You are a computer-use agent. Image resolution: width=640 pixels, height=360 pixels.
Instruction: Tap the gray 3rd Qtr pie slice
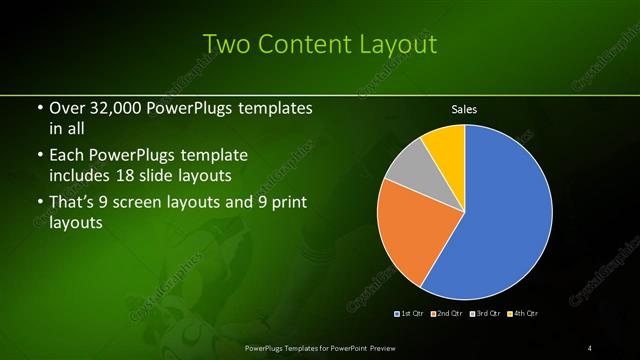(x=406, y=170)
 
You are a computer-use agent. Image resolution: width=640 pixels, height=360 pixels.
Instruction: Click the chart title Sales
(x=464, y=108)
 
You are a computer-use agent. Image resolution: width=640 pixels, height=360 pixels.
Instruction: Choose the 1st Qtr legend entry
(x=411, y=313)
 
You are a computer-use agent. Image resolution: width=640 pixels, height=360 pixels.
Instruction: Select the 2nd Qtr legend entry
(x=447, y=313)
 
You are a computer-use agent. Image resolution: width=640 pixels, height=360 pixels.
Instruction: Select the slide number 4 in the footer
(x=590, y=347)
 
